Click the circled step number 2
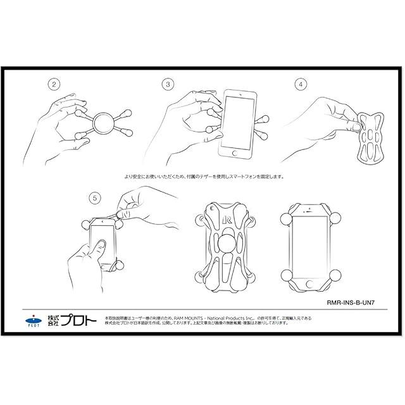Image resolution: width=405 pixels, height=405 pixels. (x=54, y=84)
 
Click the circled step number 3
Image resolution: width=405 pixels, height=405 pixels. (x=168, y=84)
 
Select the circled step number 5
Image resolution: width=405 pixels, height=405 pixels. (x=94, y=198)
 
